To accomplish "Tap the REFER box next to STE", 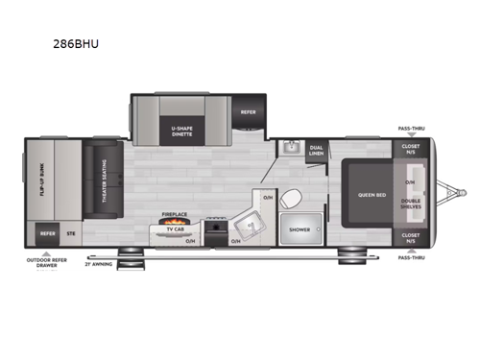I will click(x=46, y=233).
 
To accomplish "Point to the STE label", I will click(x=70, y=233).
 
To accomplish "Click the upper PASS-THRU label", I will click(x=411, y=128).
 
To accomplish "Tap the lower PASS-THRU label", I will click(x=411, y=257).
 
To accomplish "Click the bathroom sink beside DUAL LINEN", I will click(x=290, y=149).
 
